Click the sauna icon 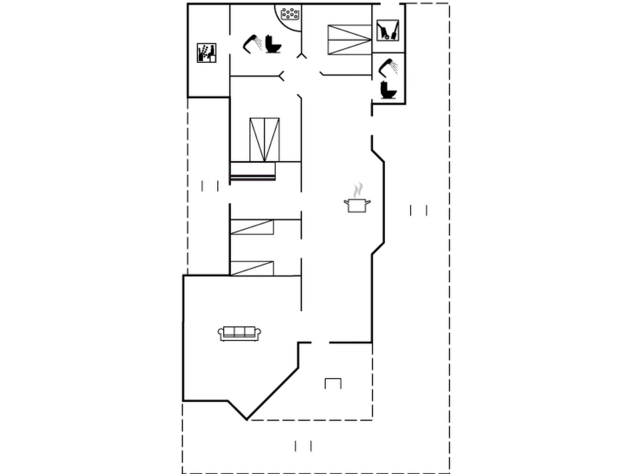(x=206, y=53)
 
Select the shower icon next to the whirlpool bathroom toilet (x=252, y=44)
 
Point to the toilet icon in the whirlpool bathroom (x=273, y=44)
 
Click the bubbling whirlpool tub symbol (x=290, y=14)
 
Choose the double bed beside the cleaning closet (x=349, y=40)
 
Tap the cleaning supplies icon (x=388, y=30)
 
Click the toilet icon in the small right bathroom (x=388, y=90)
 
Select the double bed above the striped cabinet (x=264, y=139)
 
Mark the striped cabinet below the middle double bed (x=253, y=171)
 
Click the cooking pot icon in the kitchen (x=357, y=205)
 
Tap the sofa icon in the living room (x=239, y=334)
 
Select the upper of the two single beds (x=252, y=227)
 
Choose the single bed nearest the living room (x=252, y=268)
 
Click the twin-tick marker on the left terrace (x=210, y=186)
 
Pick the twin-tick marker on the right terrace (x=418, y=210)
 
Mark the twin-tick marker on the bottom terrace (x=303, y=446)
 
